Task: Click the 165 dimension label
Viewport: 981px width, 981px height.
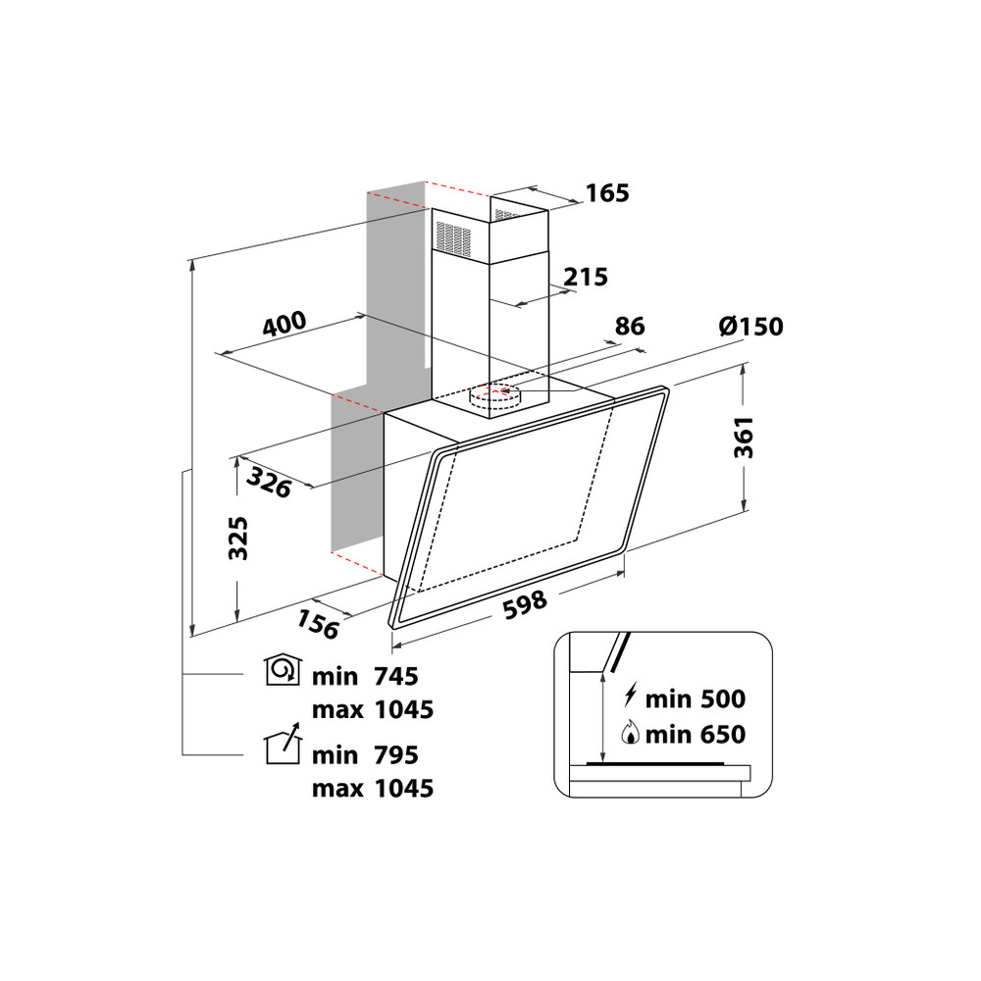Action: pos(608,193)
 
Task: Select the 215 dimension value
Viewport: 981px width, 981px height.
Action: pos(587,277)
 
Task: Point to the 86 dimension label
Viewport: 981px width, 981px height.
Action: pos(629,326)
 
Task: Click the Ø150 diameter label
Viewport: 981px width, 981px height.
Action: pos(750,326)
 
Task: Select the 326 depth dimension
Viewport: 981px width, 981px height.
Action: pos(269,482)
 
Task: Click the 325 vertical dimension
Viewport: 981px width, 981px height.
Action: pos(237,539)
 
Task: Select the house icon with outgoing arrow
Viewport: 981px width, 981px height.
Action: pos(284,746)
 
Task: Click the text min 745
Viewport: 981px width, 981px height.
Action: pos(365,676)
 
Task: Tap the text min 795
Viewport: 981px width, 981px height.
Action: pos(365,755)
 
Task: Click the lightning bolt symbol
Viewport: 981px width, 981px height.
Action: pos(630,698)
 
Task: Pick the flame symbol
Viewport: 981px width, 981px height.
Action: pos(630,733)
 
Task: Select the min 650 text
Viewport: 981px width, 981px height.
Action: pos(695,734)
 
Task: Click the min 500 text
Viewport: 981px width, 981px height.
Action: pos(695,699)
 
